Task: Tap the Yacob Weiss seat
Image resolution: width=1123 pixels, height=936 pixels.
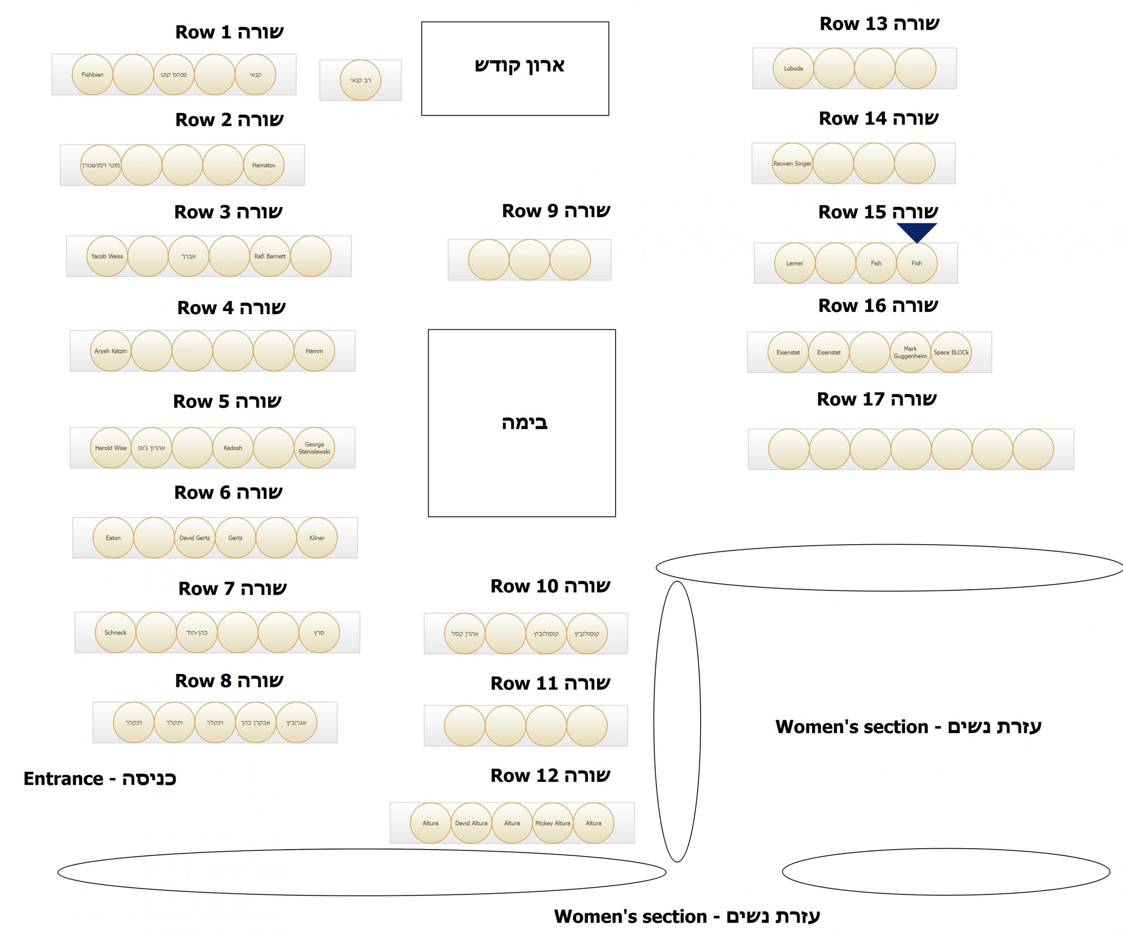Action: (107, 256)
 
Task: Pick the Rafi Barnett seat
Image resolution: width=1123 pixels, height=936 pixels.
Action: (270, 256)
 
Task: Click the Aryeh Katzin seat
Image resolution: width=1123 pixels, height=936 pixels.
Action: (111, 351)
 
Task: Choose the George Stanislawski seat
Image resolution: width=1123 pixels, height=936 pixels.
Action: (315, 448)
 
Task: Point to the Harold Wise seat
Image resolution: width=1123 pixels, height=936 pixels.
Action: (111, 448)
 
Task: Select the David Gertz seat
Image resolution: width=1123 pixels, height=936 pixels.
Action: (195, 538)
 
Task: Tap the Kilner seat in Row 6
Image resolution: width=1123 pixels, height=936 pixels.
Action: (317, 538)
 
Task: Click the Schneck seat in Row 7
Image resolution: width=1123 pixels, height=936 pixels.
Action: (115, 633)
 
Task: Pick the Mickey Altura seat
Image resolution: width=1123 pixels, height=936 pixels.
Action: (553, 823)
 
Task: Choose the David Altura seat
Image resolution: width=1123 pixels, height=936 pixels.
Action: (471, 823)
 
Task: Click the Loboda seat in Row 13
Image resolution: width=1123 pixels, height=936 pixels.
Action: (794, 68)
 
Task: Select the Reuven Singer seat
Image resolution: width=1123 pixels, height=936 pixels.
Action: (793, 164)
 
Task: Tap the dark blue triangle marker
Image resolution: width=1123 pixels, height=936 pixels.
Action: (916, 231)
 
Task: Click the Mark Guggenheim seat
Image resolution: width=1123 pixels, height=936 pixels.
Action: (910, 352)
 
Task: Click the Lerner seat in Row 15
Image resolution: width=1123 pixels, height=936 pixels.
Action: (795, 263)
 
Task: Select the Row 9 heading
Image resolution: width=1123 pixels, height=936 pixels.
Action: (556, 211)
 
